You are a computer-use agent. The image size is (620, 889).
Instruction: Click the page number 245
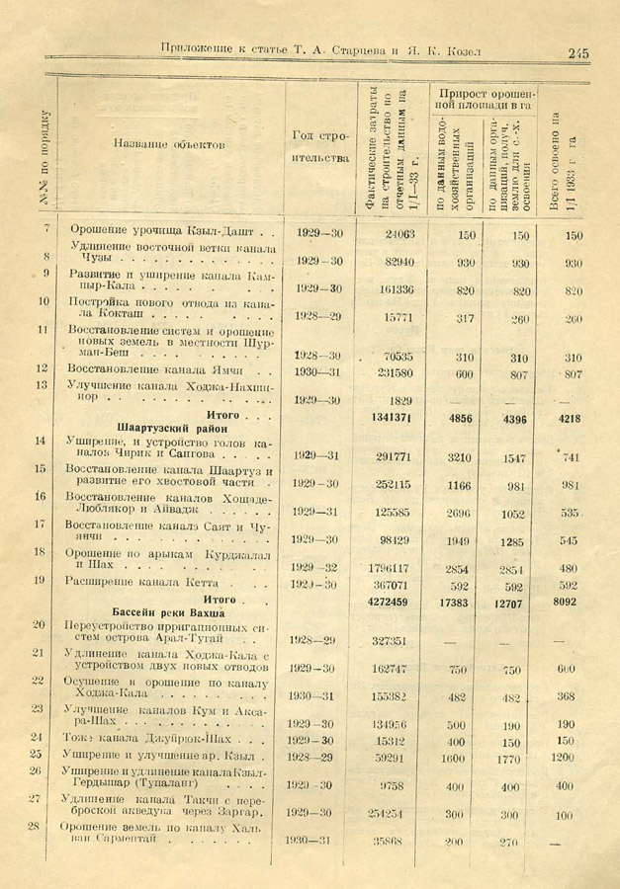577,52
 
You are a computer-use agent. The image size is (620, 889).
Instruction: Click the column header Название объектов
169,144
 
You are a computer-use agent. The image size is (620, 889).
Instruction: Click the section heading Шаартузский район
172,429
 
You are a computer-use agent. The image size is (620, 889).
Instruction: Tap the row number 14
40,441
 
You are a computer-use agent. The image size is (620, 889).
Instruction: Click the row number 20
39,623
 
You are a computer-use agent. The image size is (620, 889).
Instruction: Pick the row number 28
35,826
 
